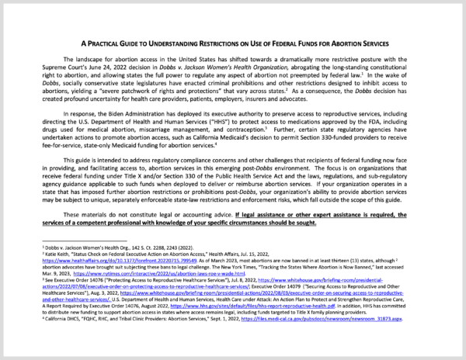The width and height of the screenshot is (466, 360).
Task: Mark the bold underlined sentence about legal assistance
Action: [x=233, y=217]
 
